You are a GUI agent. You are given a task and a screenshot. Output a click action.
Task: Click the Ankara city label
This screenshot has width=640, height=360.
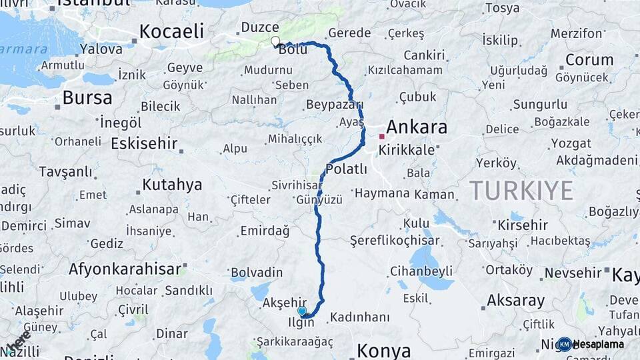pyautogui.click(x=417, y=127)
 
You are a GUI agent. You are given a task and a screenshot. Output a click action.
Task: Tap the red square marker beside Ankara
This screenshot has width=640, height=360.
pyautogui.click(x=381, y=136)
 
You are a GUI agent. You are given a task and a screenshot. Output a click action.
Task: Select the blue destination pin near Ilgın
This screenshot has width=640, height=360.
pyautogui.click(x=302, y=311)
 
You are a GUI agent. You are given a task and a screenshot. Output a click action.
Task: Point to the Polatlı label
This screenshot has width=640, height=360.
pyautogui.click(x=347, y=169)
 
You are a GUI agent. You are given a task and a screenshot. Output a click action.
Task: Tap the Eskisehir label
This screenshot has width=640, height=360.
pyautogui.click(x=144, y=143)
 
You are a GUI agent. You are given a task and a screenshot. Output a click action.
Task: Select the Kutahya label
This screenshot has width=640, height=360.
pyautogui.click(x=172, y=185)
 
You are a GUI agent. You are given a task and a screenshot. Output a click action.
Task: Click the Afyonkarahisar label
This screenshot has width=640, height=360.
pyautogui.click(x=125, y=269)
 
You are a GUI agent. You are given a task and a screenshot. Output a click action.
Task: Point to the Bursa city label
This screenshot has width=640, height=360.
pyautogui.click(x=87, y=98)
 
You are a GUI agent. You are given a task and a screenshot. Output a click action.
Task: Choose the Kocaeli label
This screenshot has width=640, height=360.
pyautogui.click(x=171, y=31)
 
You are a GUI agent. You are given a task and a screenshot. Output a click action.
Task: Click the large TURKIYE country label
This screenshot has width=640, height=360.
pyautogui.click(x=521, y=191)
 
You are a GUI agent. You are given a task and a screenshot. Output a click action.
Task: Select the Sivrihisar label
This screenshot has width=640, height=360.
pyautogui.click(x=297, y=185)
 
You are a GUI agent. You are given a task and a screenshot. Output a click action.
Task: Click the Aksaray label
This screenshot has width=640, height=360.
pyautogui.click(x=516, y=300)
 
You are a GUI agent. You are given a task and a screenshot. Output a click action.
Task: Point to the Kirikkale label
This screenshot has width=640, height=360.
pyautogui.click(x=406, y=150)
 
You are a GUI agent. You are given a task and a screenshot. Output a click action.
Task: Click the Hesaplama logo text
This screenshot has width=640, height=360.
pyautogui.click(x=598, y=344)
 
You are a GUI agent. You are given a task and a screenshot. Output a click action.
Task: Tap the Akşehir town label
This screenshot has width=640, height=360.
pyautogui.click(x=284, y=302)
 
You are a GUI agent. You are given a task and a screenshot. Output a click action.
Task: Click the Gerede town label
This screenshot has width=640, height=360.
pyautogui.click(x=349, y=33)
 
